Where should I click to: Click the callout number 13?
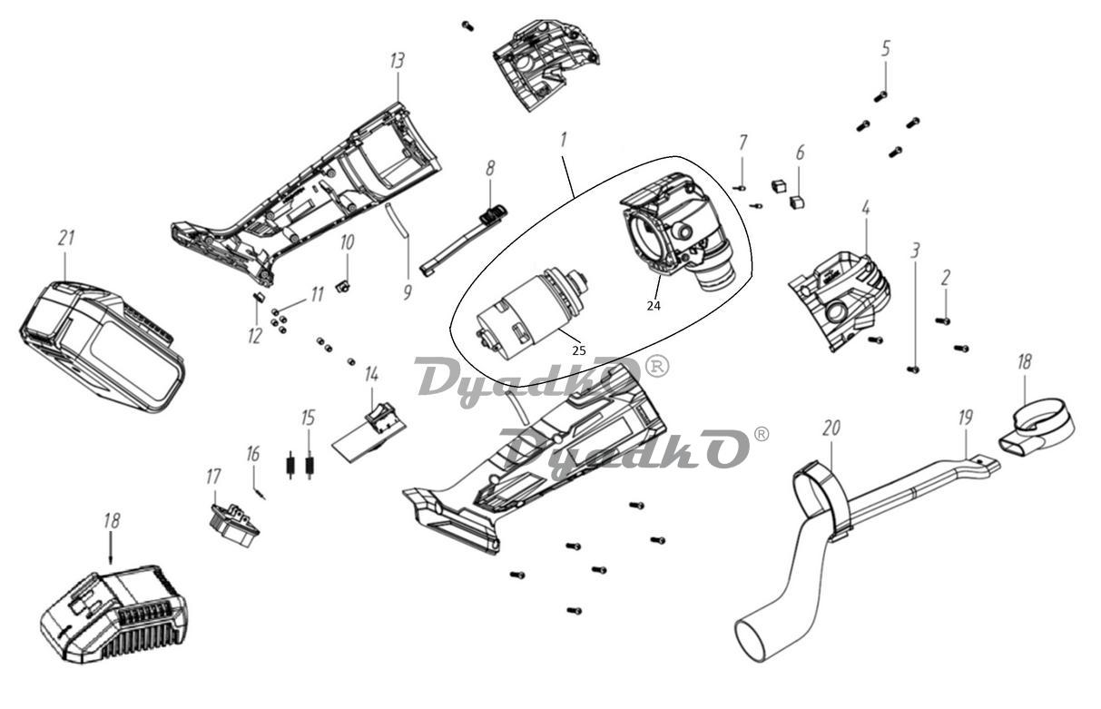tap(397, 61)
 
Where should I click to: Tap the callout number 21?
tap(65, 239)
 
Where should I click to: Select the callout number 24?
tap(654, 306)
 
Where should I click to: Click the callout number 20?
tap(831, 428)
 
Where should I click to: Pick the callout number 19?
tap(965, 418)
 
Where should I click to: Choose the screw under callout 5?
tap(880, 96)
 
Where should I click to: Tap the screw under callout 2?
tap(942, 320)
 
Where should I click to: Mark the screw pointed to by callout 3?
tap(914, 369)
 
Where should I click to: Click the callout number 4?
tap(866, 208)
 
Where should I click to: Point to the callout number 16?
tap(252, 453)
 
